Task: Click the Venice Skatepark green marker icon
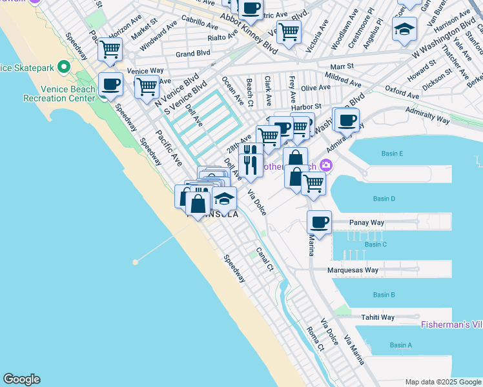(63, 67)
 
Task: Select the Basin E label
(392, 154)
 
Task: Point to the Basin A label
(400, 345)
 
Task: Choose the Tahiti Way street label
(378, 317)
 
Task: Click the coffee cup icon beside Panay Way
(319, 223)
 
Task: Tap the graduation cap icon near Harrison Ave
(404, 29)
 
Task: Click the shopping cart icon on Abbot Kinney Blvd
(289, 30)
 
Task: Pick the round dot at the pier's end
(136, 262)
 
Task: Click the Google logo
(21, 379)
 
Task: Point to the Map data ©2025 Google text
(443, 382)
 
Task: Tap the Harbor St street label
(309, 106)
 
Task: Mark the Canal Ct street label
(265, 259)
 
